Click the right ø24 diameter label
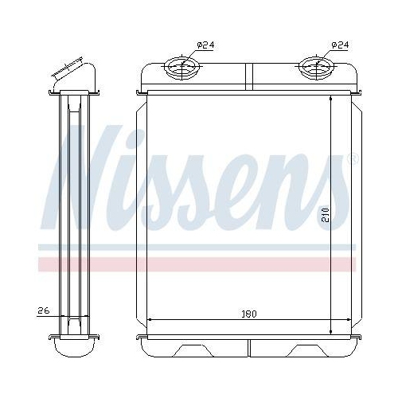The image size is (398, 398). pos(339,45)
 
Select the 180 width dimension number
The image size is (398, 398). pos(249,315)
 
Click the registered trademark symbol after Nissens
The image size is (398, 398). pos(352,161)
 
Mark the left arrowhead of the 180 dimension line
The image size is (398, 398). pos(152,321)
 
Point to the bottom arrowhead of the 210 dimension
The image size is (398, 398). pos(330,331)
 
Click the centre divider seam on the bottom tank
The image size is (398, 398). pos(249,347)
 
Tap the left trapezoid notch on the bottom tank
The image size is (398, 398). pos(193,349)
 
